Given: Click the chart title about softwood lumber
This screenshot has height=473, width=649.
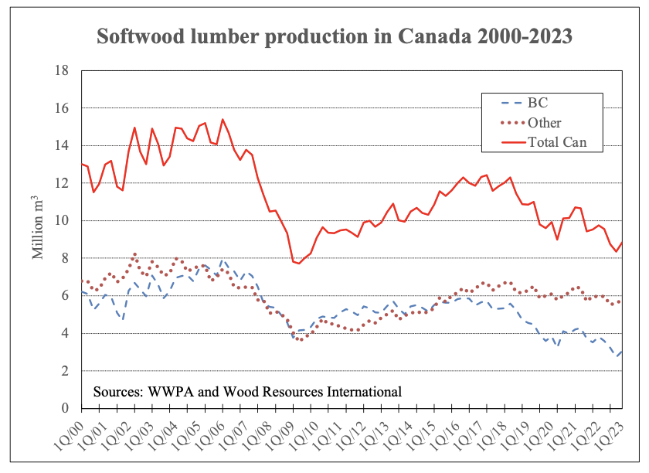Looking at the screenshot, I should coord(334,37).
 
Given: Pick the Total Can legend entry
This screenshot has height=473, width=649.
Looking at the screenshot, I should coord(558,141).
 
